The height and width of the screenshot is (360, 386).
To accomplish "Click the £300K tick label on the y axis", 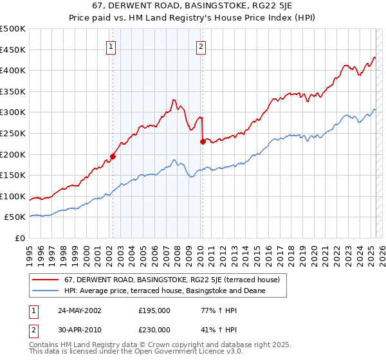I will (x=13, y=113).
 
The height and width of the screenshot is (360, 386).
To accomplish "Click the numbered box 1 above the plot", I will (x=111, y=46).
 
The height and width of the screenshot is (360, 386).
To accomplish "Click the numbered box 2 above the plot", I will (x=201, y=46).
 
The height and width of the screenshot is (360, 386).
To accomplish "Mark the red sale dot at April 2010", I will (x=203, y=142).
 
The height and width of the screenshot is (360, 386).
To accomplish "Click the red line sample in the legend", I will (x=46, y=280).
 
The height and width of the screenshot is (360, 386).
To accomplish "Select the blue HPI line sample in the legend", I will (x=46, y=291).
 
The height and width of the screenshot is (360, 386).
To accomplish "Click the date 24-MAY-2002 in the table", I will (x=78, y=310).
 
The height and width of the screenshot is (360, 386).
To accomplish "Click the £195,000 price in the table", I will (x=154, y=310).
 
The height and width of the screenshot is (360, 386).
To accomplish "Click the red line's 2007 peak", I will (x=174, y=100).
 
